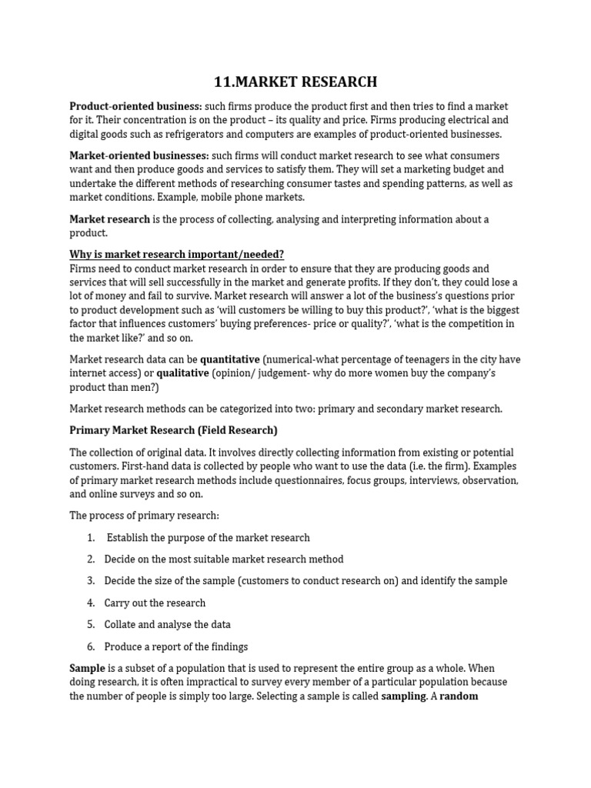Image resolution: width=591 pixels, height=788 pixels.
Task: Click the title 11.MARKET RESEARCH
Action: pos(295,82)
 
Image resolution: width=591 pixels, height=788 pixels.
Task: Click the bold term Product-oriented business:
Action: pos(135,106)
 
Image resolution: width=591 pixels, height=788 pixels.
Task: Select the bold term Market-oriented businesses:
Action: pos(139,155)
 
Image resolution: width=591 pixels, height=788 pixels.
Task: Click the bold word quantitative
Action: pos(230,359)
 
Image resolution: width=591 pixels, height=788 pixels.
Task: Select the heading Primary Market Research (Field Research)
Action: pos(173,430)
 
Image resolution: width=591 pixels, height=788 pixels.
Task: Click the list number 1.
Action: pos(91,538)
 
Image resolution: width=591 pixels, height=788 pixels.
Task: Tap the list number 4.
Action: pos(91,603)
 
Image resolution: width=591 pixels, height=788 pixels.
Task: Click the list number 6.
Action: pos(91,647)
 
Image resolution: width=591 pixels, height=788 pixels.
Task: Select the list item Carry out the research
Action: pos(155,603)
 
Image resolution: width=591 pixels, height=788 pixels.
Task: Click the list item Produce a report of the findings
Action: pos(176,647)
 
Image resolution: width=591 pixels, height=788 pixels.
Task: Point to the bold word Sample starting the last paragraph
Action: pos(87,668)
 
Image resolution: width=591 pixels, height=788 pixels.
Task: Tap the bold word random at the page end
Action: pos(459,696)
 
